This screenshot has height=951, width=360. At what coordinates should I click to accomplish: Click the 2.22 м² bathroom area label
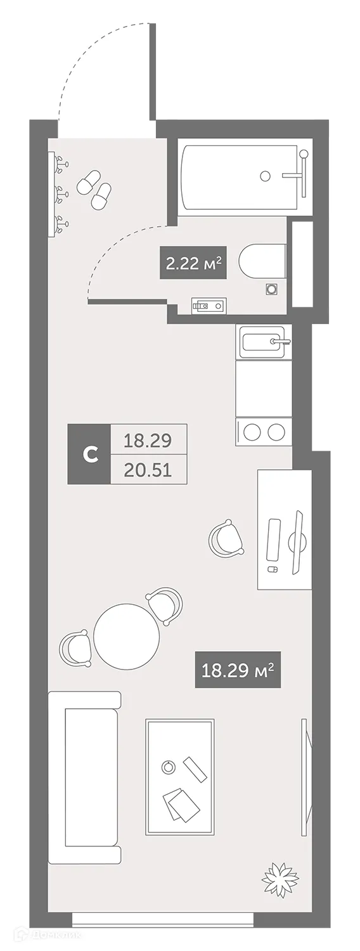point(193,262)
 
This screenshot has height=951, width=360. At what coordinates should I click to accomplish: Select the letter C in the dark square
point(90,453)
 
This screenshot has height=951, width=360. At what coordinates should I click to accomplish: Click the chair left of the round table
point(75,648)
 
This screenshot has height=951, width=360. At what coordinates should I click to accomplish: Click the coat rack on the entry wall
point(56,193)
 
